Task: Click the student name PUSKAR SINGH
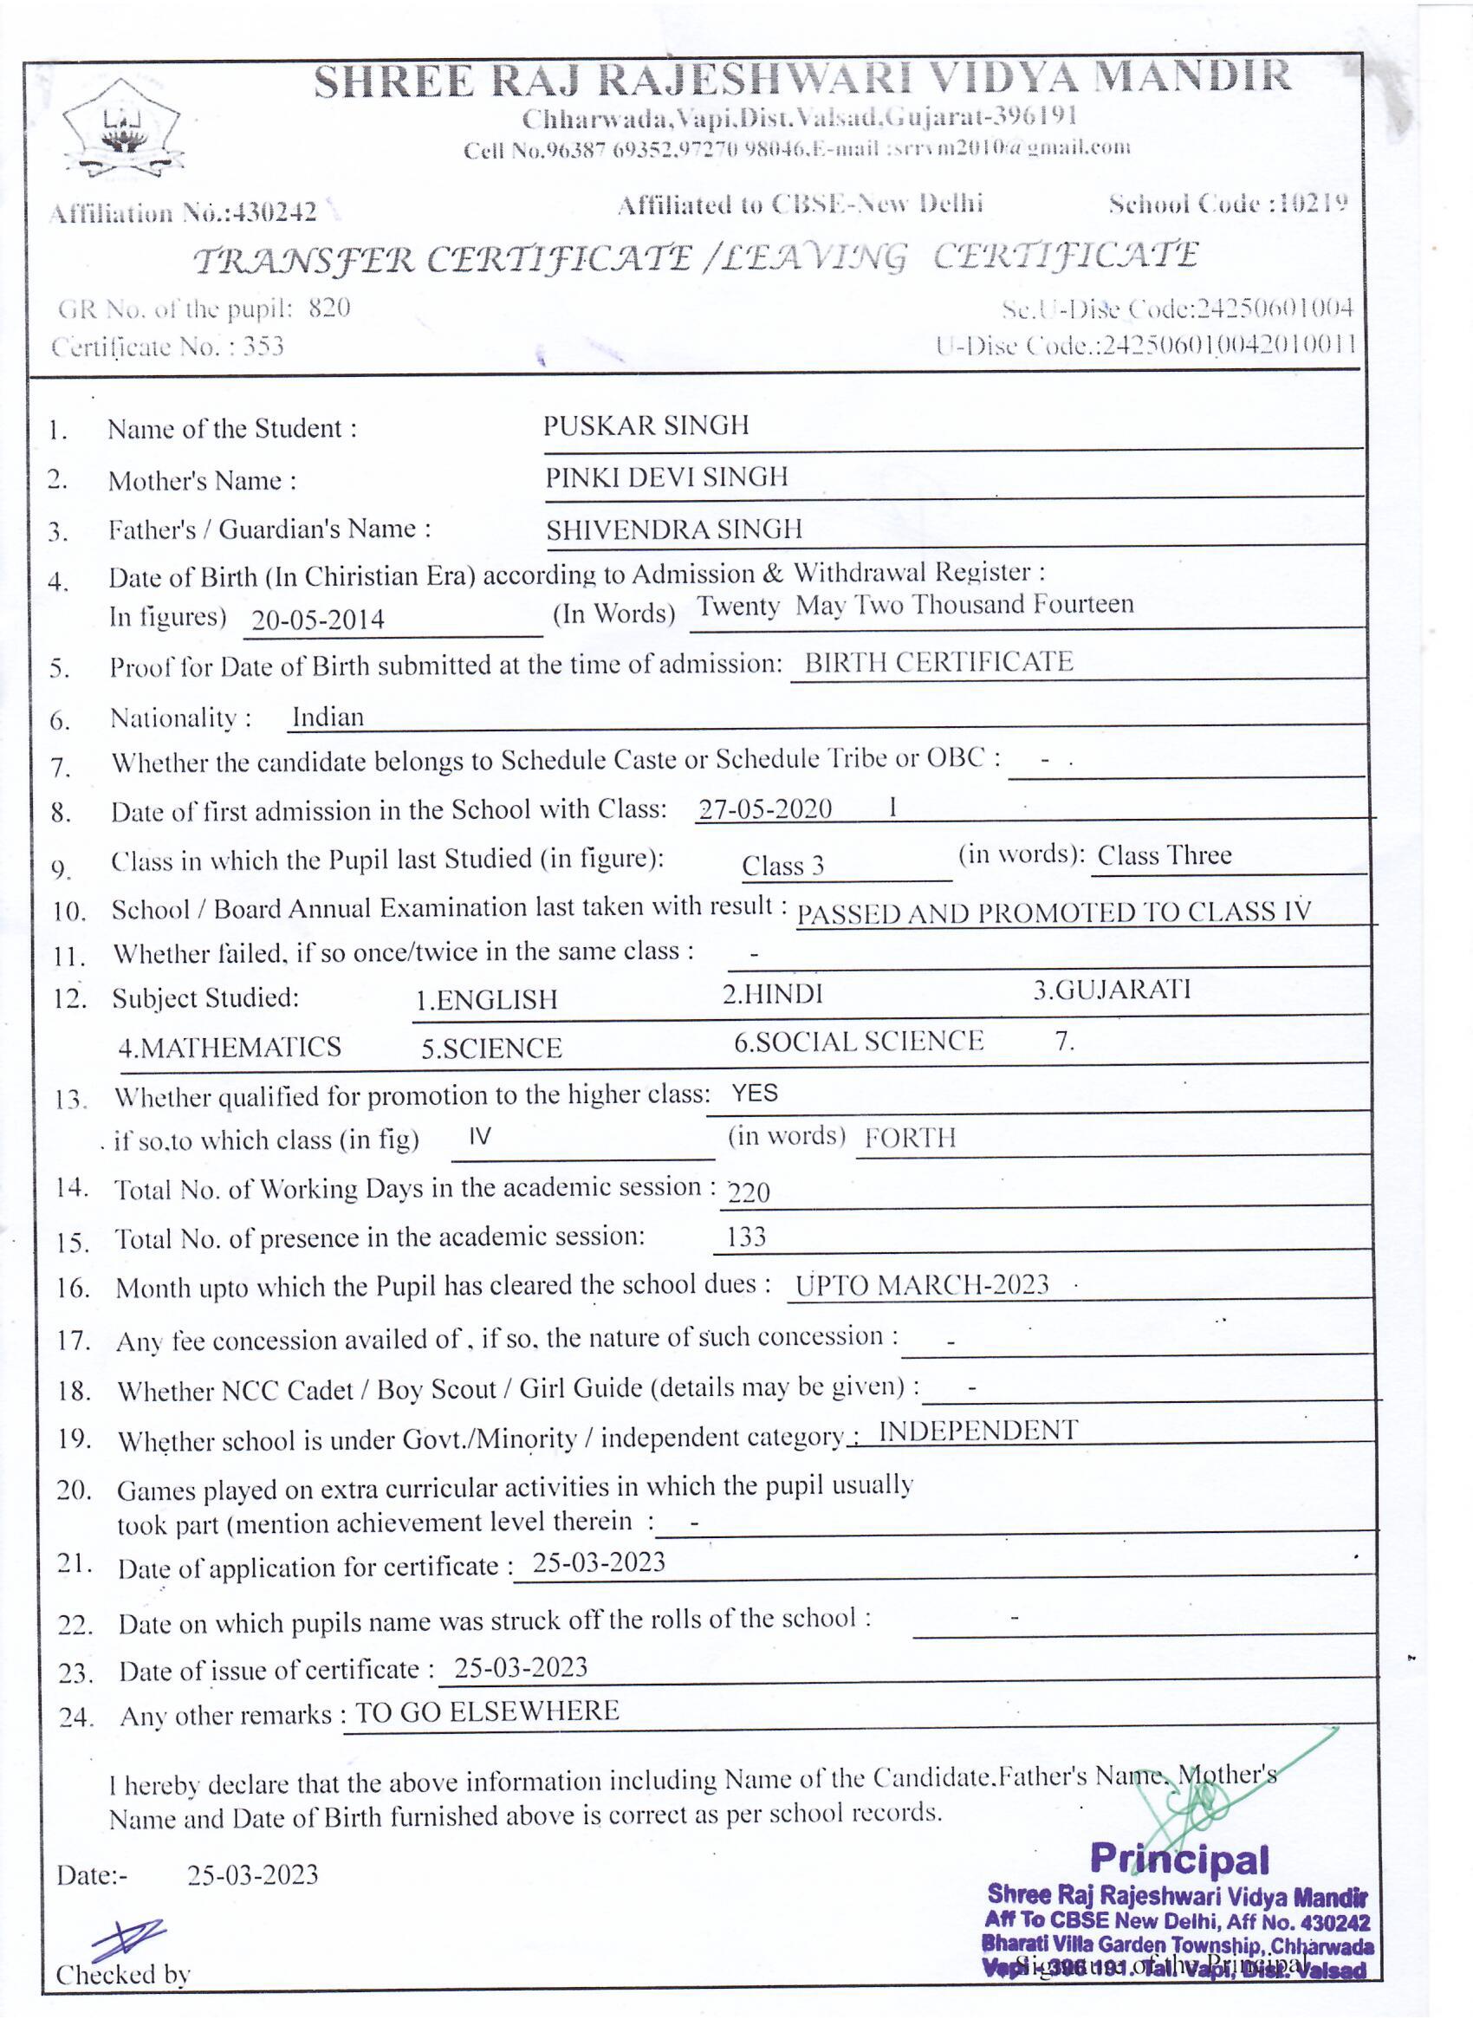tap(646, 425)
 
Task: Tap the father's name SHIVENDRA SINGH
tap(674, 529)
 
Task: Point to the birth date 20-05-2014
tap(317, 619)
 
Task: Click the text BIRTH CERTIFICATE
tap(938, 662)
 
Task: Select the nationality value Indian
tap(328, 718)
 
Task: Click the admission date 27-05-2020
tap(764, 808)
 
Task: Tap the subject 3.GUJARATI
tap(1113, 990)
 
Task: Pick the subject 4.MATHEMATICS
tap(230, 1047)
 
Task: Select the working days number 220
tap(749, 1192)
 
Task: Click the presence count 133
tap(746, 1237)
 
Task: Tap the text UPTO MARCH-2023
tap(922, 1284)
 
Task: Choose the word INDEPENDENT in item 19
tap(978, 1430)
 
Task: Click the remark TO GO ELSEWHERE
tap(487, 1711)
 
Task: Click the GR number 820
tap(328, 308)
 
